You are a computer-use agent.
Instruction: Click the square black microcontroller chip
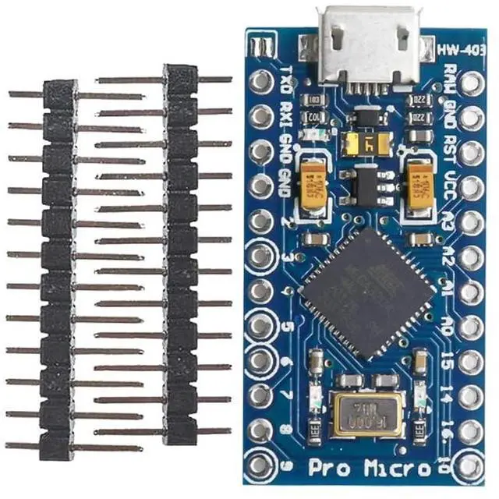pos(367,288)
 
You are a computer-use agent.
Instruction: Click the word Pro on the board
pos(328,469)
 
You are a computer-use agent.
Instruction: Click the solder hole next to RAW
pos(472,82)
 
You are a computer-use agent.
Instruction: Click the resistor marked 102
pos(316,116)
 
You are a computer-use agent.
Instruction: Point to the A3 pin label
pos(450,219)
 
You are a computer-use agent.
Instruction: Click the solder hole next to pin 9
pos(260,465)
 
